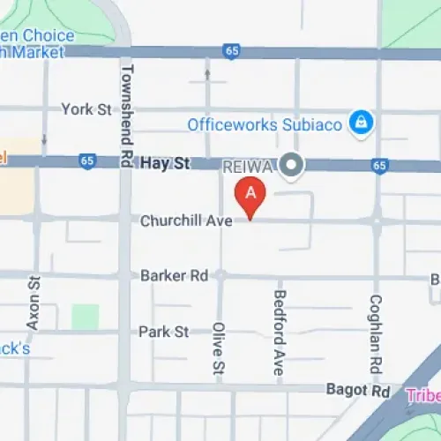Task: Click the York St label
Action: pyautogui.click(x=86, y=109)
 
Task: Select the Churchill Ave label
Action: pyautogui.click(x=186, y=221)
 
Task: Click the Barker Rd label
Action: pyautogui.click(x=174, y=276)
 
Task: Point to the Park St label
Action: pyautogui.click(x=163, y=332)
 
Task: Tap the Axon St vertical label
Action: pyautogui.click(x=34, y=303)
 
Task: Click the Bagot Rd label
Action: pyautogui.click(x=357, y=390)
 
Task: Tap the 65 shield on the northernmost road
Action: pyautogui.click(x=232, y=52)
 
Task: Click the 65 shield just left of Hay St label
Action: pyautogui.click(x=86, y=161)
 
